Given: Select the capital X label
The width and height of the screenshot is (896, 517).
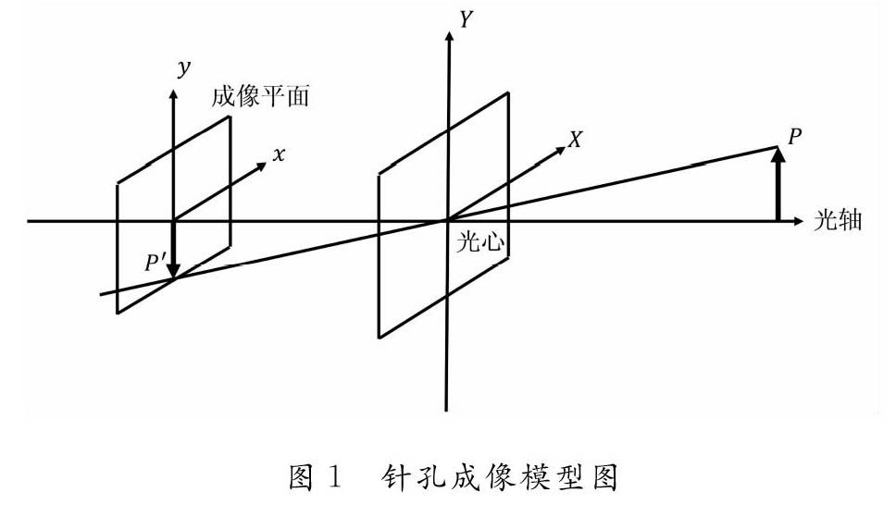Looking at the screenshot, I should pyautogui.click(x=576, y=140).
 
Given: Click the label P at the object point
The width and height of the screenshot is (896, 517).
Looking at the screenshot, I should pyautogui.click(x=794, y=137).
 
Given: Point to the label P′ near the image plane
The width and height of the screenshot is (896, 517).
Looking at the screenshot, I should pyautogui.click(x=154, y=264).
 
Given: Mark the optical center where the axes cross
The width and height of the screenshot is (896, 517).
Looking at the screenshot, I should pyautogui.click(x=447, y=221).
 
